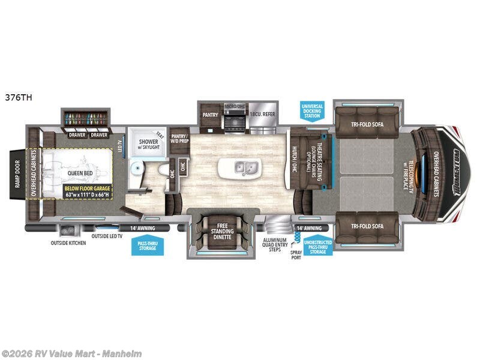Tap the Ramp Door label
(x=18, y=174)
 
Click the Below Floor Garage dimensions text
(x=88, y=191)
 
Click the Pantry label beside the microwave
(x=209, y=114)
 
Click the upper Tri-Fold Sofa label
(x=367, y=125)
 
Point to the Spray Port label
(x=295, y=254)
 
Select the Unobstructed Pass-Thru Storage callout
(x=318, y=245)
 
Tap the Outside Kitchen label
(x=67, y=243)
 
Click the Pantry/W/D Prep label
(x=179, y=139)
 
